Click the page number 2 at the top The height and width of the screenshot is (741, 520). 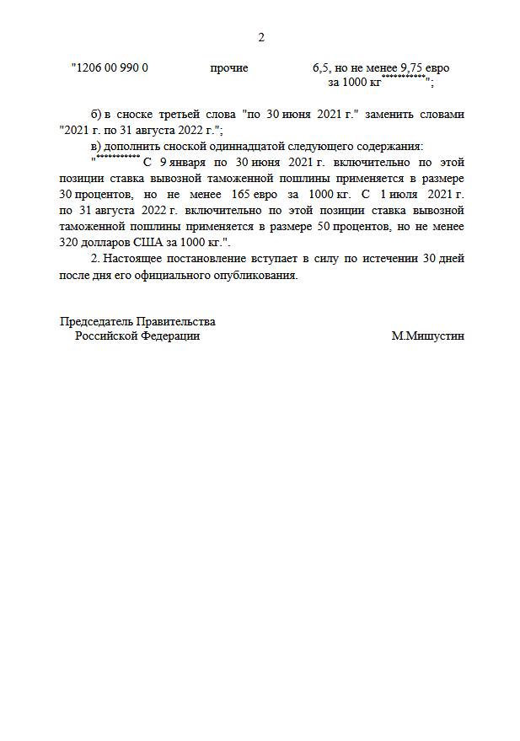260,37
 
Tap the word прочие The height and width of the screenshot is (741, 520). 229,67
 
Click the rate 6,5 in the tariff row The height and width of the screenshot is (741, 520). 320,67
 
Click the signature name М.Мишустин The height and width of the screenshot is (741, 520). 427,336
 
